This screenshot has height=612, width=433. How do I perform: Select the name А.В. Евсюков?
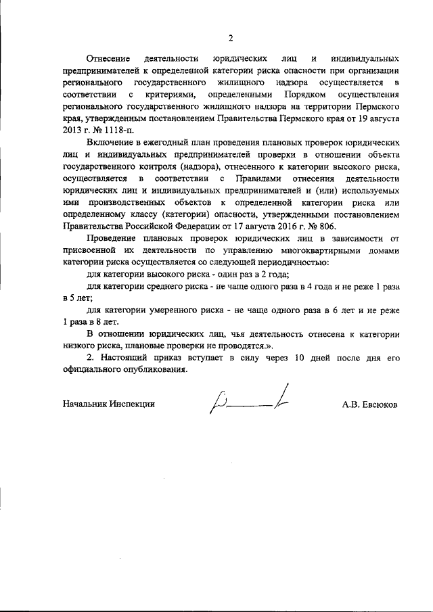370,404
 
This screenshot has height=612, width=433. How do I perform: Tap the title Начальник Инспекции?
108,404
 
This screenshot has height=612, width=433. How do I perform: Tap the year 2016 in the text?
269,227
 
